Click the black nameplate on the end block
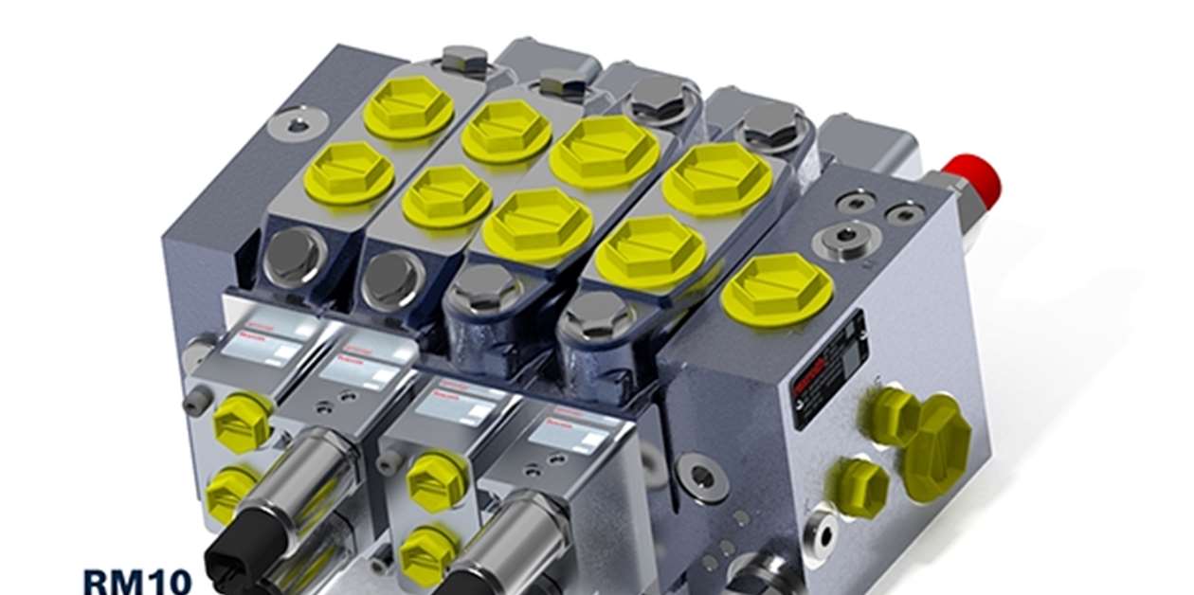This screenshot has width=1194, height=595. point(830,369)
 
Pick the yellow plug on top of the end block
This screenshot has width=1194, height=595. point(777,288)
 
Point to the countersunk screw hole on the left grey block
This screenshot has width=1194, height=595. point(298,123)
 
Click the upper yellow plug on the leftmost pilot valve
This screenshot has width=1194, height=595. point(243,421)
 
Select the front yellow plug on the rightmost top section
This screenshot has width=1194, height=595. point(650,251)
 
